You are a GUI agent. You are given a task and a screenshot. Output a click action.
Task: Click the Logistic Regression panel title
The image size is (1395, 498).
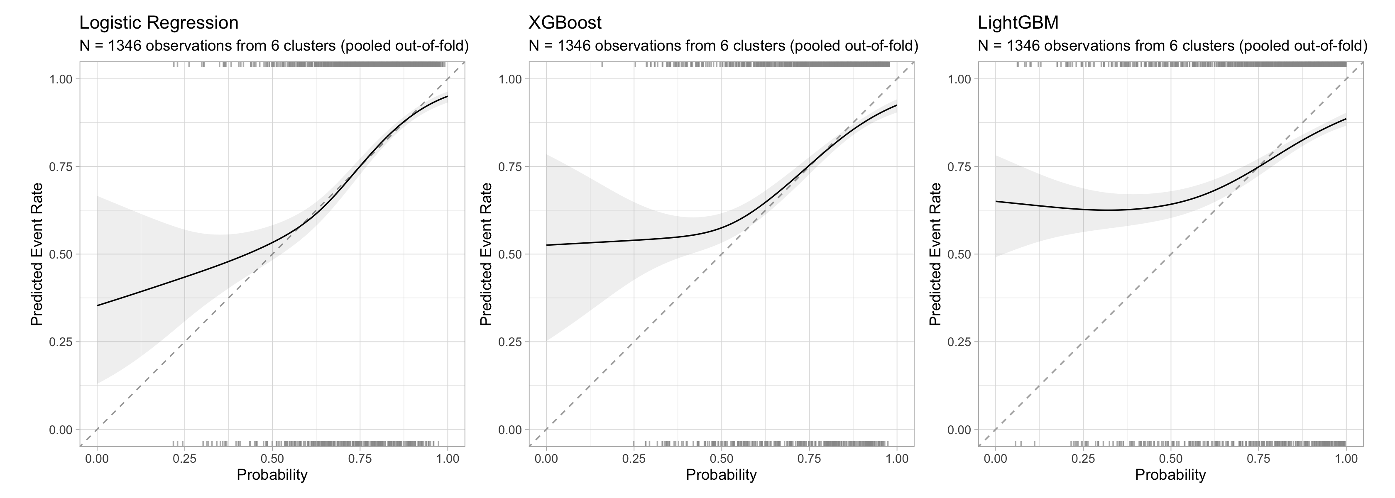pyautogui.click(x=159, y=23)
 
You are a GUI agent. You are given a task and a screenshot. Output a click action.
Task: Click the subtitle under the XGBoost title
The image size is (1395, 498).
pyautogui.click(x=724, y=46)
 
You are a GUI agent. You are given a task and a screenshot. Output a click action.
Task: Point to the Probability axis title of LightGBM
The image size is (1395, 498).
pyautogui.click(x=1170, y=475)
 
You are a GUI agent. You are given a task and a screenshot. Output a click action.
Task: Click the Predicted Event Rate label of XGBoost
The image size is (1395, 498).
pyautogui.click(x=486, y=254)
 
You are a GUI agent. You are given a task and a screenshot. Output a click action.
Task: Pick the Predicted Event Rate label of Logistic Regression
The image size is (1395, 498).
pyautogui.click(x=37, y=254)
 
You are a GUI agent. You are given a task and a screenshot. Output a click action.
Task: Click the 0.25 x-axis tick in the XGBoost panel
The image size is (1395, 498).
pyautogui.click(x=634, y=459)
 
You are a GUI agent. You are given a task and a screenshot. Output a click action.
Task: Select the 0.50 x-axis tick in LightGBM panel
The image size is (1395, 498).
pyautogui.click(x=1170, y=459)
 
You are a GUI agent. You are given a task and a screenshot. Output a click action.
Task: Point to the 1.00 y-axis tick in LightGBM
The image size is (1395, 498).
pyautogui.click(x=959, y=79)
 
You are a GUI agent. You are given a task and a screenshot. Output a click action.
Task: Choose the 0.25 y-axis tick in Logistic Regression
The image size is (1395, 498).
pyautogui.click(x=61, y=342)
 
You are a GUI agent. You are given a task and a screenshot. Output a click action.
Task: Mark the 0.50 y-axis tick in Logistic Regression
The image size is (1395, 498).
pyautogui.click(x=61, y=254)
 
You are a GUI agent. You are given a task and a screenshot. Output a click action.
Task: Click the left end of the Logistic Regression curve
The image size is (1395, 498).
pyautogui.click(x=98, y=305)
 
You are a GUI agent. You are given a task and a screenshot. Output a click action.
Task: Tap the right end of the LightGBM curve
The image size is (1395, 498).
pyautogui.click(x=1346, y=119)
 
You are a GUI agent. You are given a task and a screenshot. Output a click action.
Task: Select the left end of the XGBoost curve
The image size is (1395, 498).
pyautogui.click(x=546, y=245)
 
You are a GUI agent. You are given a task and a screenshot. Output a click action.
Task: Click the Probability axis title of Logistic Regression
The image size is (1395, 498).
pyautogui.click(x=272, y=475)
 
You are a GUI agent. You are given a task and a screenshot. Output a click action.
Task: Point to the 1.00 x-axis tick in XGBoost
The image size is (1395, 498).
pyautogui.click(x=897, y=459)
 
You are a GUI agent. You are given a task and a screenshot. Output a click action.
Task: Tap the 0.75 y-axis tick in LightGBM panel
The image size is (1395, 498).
pyautogui.click(x=959, y=167)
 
